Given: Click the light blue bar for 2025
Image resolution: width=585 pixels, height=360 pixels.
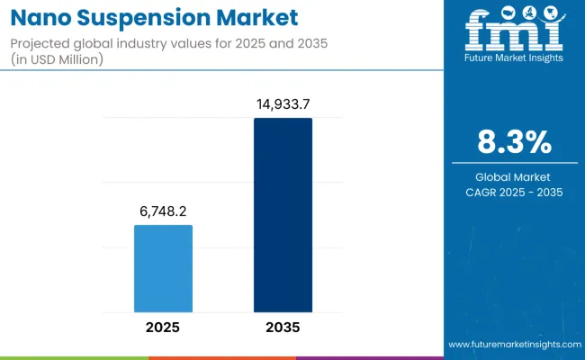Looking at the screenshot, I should (163, 268).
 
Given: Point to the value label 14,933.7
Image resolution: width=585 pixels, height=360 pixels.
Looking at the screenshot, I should (283, 104).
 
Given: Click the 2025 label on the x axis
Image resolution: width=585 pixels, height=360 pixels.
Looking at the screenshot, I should (163, 327).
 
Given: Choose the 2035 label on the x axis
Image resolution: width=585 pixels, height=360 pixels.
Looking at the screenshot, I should (283, 327).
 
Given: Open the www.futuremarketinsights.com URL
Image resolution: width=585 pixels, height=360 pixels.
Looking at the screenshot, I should (513, 345).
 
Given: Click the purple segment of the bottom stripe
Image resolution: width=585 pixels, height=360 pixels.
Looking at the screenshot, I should (369, 357).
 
